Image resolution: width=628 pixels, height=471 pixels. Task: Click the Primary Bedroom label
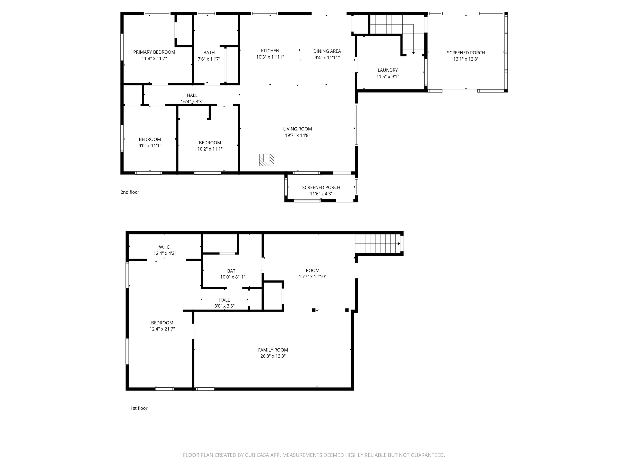154,52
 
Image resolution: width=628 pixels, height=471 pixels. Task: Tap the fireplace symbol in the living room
266,160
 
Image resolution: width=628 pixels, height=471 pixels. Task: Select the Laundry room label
388,70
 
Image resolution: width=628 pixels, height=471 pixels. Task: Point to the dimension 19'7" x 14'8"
297,135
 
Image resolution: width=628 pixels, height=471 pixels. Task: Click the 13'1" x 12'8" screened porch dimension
466,59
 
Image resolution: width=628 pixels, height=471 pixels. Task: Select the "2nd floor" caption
130,192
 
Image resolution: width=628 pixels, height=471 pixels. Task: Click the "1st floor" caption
139,408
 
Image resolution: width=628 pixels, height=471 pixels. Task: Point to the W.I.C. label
165,247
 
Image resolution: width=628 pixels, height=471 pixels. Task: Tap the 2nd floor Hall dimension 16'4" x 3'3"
192,101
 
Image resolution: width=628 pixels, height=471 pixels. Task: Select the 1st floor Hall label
224,300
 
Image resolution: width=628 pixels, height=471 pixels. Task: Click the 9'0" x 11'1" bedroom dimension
150,146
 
